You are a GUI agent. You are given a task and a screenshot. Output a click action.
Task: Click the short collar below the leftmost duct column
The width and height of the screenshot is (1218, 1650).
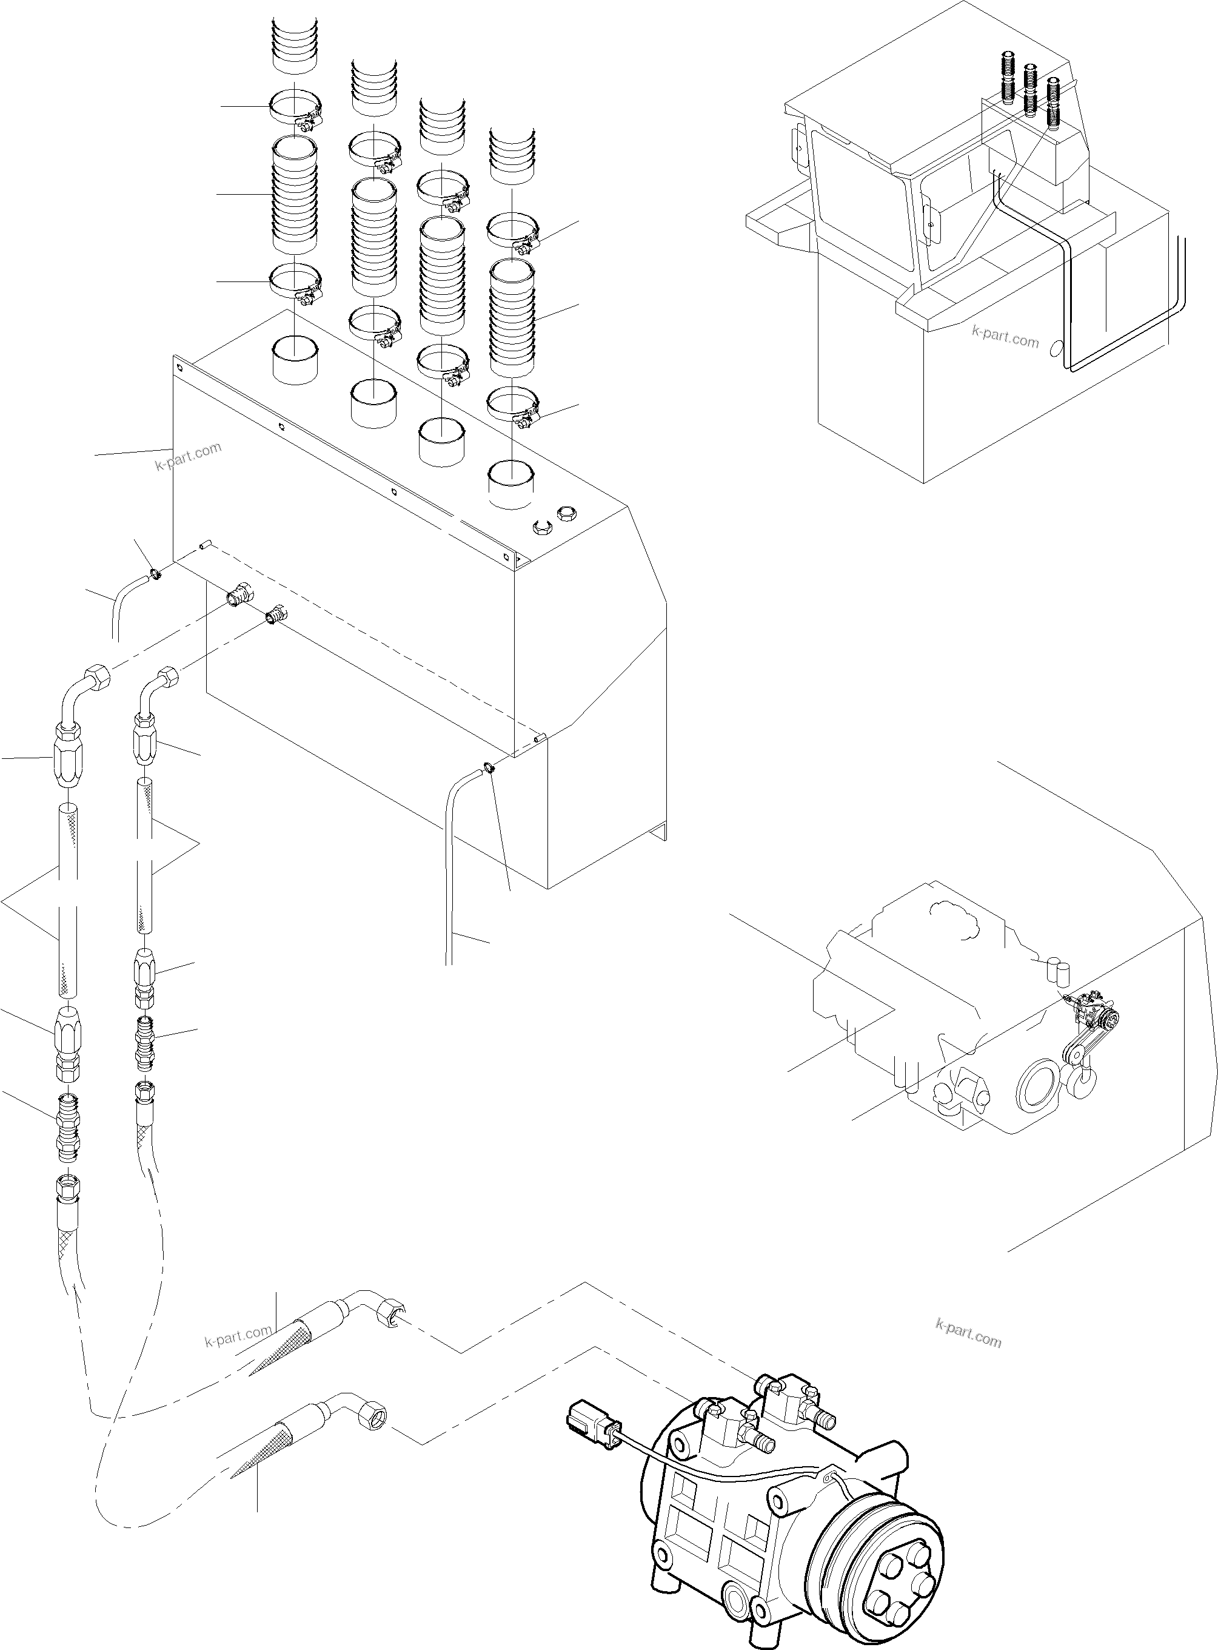[295, 359]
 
